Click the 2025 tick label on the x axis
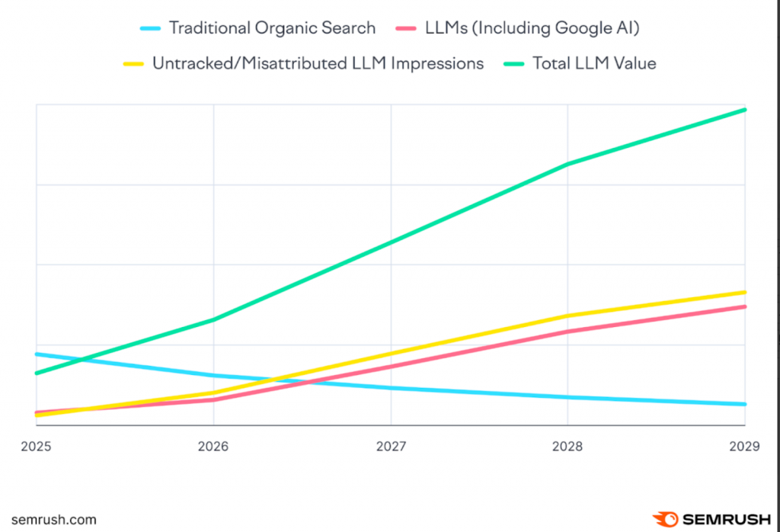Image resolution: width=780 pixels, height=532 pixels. point(36,446)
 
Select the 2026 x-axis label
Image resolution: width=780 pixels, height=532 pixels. point(213,446)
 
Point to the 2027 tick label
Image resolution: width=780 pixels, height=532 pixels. point(391,446)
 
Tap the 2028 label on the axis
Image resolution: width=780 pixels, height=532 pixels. point(568,446)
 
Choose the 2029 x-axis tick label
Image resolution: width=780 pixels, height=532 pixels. point(744,446)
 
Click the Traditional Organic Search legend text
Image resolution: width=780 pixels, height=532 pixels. point(272,28)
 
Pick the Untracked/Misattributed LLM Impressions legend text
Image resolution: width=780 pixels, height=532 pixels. point(318,63)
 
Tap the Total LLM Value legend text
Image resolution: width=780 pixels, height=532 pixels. point(594,63)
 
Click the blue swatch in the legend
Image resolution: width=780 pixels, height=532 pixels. point(150,29)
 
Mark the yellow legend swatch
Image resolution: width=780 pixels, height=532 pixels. point(133,64)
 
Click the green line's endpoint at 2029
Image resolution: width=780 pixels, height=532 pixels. point(744,110)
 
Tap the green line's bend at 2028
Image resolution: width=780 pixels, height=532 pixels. point(568,164)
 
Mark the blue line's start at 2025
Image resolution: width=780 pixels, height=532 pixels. point(37,354)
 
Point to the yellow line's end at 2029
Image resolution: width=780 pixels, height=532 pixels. point(744,292)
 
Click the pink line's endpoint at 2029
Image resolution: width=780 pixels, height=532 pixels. point(744,306)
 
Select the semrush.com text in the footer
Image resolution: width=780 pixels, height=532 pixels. point(54,520)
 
